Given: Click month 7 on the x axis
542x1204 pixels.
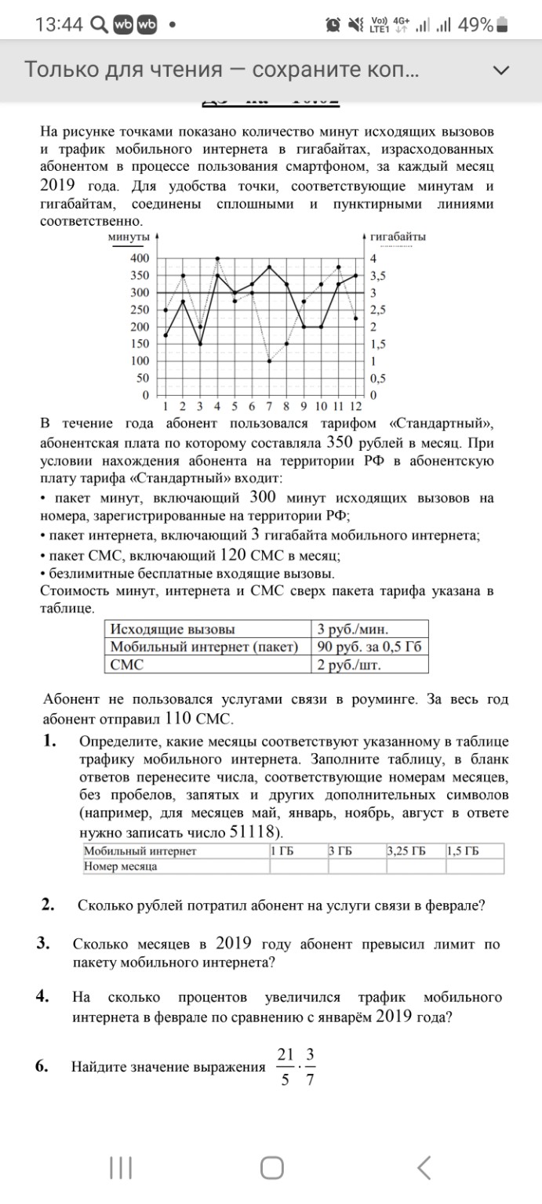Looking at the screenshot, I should (269, 406).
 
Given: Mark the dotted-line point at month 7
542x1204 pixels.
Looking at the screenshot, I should (269, 361).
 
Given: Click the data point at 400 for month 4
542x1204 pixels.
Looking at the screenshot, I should (217, 258).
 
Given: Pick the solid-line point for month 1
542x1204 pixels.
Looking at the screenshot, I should (166, 335).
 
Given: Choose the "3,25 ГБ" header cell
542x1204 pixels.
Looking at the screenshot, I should (414, 851).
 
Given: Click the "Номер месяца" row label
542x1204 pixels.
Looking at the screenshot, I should (121, 866).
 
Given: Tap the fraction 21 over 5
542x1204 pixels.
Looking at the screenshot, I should (285, 1067).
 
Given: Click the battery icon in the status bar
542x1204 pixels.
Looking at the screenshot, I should (503, 25).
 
